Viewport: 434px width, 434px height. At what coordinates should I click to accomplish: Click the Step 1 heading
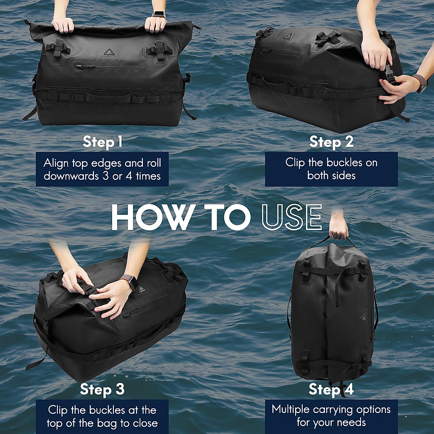tap(102, 142)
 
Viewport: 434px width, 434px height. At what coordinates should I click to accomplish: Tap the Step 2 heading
tap(331, 142)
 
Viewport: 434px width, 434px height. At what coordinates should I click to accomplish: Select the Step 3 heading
tap(102, 390)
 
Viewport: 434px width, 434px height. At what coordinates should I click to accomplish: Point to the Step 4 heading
tap(331, 390)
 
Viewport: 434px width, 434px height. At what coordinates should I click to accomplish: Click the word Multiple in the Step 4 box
tap(291, 410)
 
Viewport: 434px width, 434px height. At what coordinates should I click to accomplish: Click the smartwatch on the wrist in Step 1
tap(158, 15)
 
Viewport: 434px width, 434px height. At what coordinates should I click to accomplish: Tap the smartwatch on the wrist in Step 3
tap(132, 281)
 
